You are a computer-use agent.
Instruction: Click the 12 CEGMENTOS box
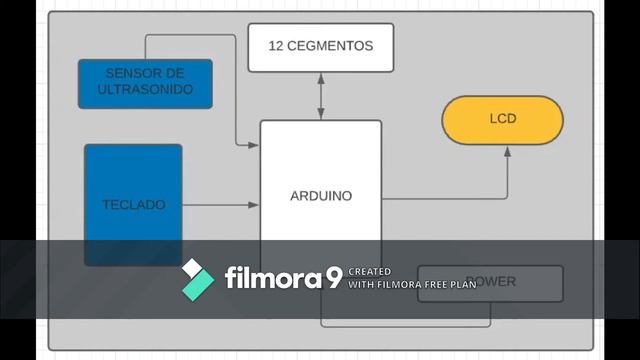coord(320,47)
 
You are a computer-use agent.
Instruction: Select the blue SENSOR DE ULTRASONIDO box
coord(145,83)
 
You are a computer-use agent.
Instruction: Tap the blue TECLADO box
coord(133,204)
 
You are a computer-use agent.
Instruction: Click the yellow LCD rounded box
coord(502,119)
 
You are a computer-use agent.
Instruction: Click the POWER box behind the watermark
coord(490,282)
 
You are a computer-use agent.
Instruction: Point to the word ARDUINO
coord(321,197)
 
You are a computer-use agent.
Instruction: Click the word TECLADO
coord(133,205)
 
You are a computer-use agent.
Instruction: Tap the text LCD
coord(503,119)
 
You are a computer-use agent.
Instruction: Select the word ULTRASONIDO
coord(145,90)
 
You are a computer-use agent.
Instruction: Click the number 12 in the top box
coord(278,46)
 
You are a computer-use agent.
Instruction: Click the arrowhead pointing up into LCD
coord(507,149)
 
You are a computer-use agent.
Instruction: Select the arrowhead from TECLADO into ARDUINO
coord(255,205)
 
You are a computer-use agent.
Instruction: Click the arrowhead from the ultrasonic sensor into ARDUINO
coord(255,145)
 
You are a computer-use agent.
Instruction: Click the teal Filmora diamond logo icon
coord(197,279)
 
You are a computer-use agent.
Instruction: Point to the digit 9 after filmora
coord(333,277)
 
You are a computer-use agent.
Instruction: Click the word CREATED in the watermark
coord(369,272)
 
